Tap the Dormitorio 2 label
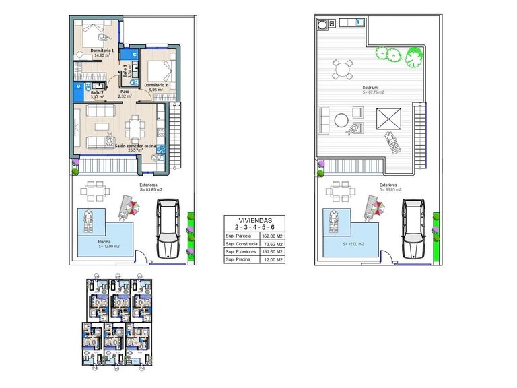(x=156, y=86)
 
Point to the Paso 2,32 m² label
(x=125, y=94)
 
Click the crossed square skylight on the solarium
(x=388, y=121)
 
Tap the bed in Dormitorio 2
(x=161, y=70)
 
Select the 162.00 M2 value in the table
(x=271, y=236)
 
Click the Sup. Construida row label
(x=239, y=244)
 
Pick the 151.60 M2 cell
(x=271, y=251)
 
